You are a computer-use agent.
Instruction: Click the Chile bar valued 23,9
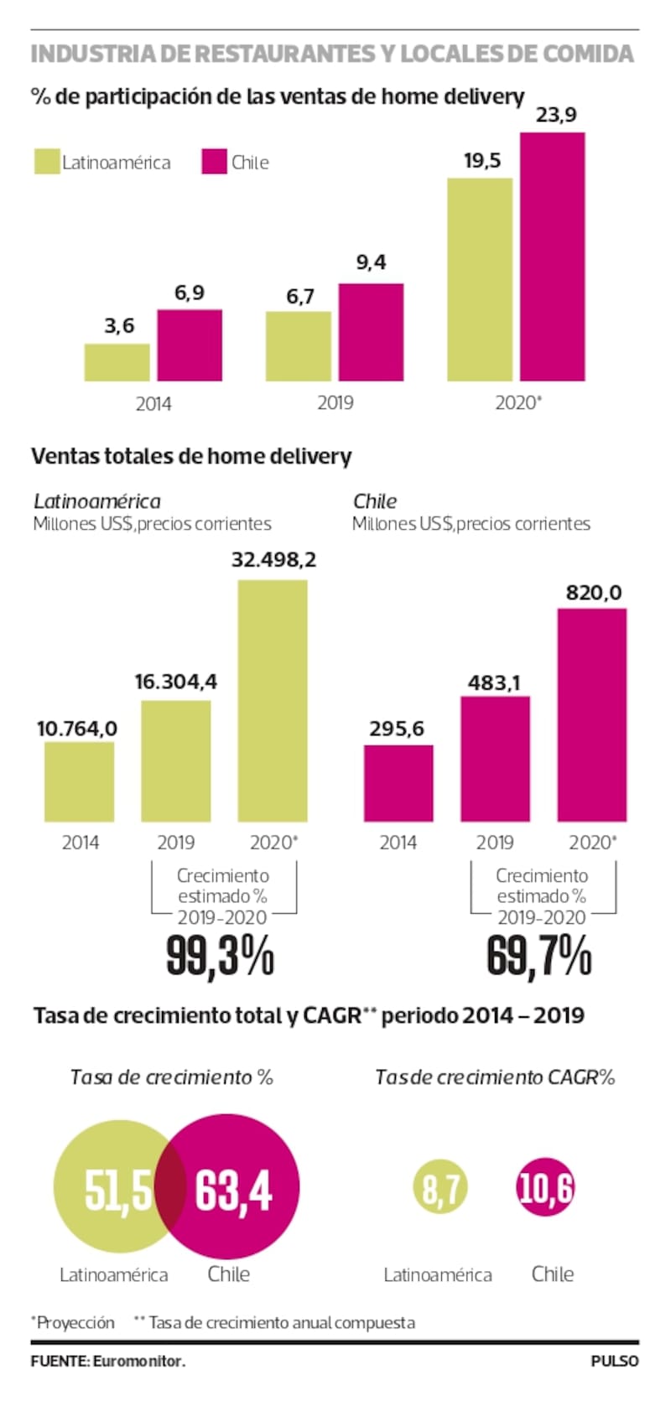(x=552, y=257)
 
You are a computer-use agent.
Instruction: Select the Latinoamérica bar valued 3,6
(x=117, y=362)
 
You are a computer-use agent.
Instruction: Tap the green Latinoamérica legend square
(x=47, y=162)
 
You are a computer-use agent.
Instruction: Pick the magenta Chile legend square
(x=215, y=162)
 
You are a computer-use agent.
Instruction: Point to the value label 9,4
(x=371, y=262)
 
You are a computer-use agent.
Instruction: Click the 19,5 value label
(x=482, y=161)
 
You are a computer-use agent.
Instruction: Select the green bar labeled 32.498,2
(x=273, y=700)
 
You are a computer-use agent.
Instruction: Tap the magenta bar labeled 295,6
(x=398, y=783)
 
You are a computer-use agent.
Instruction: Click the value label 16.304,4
(x=176, y=682)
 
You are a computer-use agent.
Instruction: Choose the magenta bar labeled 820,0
(x=592, y=714)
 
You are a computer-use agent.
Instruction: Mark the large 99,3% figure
(x=220, y=956)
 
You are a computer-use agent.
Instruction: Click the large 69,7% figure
(x=539, y=956)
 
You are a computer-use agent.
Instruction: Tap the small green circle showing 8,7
(x=440, y=1188)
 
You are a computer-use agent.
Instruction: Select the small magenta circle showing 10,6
(x=545, y=1188)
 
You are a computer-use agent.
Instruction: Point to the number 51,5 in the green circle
(x=118, y=1189)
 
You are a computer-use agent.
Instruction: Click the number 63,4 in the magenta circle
(x=234, y=1189)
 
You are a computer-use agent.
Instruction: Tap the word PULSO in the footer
(x=615, y=1362)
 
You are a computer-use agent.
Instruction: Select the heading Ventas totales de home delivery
(x=191, y=457)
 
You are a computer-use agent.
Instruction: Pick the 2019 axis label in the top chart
(x=335, y=403)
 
